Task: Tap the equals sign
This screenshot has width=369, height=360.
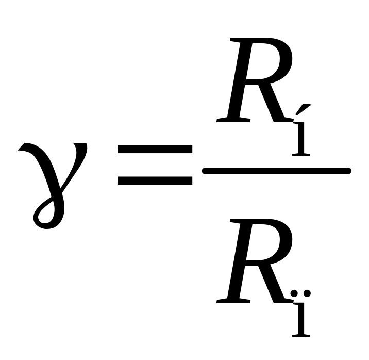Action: click(155, 165)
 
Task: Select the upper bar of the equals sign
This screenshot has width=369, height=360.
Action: click(155, 150)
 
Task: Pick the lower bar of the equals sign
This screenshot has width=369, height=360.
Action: click(155, 181)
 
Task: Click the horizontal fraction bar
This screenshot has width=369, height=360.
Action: click(277, 170)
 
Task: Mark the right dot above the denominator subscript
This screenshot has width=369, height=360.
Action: click(307, 293)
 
